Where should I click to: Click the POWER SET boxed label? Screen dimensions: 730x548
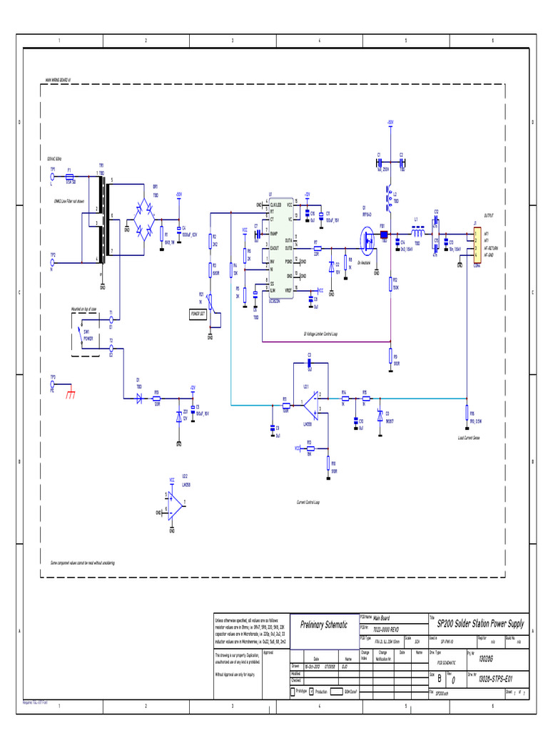(198, 313)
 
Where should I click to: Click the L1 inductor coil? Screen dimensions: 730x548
(416, 232)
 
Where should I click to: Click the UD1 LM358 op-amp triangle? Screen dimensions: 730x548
(309, 406)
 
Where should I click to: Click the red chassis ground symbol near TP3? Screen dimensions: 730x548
(70, 394)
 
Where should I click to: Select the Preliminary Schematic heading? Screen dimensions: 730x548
(324, 624)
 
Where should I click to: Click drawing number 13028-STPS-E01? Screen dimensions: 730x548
(492, 679)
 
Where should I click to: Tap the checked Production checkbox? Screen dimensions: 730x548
(312, 692)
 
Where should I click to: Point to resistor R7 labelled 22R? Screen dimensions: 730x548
(317, 248)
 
